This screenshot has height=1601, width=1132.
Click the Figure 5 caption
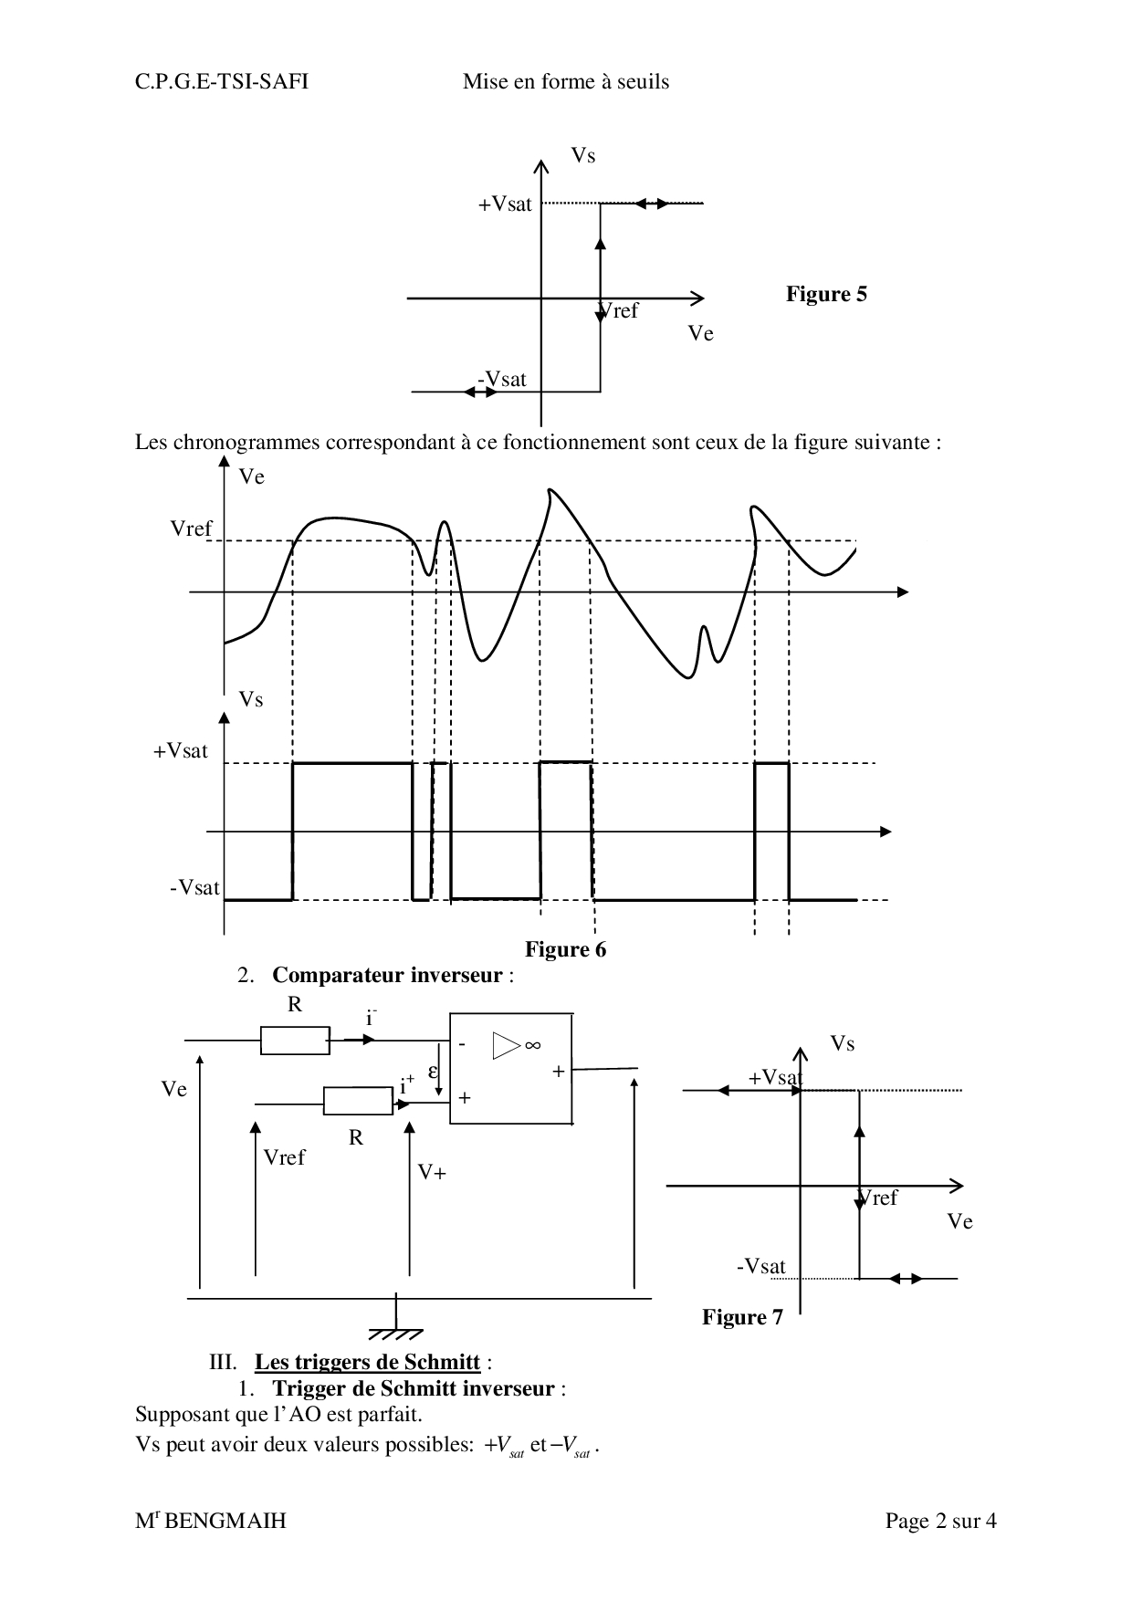click(x=826, y=294)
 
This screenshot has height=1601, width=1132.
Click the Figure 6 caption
click(x=565, y=950)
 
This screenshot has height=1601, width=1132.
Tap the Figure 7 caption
click(x=742, y=1317)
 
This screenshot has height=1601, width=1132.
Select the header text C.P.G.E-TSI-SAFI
click(x=222, y=82)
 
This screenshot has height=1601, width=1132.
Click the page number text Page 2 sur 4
click(x=940, y=1521)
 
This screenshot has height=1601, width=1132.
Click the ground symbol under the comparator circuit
click(x=396, y=1324)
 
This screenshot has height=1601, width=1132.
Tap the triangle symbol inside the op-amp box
click(x=505, y=1045)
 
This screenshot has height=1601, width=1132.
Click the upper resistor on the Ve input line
click(x=295, y=1040)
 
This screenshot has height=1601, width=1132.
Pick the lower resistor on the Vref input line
click(x=358, y=1101)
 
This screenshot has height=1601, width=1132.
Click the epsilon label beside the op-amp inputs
click(x=433, y=1071)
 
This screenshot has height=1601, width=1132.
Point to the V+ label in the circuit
click(x=432, y=1172)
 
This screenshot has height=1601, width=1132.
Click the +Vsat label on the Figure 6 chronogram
click(x=181, y=751)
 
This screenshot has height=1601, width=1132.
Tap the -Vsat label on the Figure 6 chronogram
click(x=194, y=887)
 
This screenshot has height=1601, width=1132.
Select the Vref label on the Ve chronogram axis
click(x=191, y=528)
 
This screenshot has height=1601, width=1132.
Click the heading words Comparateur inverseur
click(x=387, y=976)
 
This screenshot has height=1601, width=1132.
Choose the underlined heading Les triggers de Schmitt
click(x=367, y=1363)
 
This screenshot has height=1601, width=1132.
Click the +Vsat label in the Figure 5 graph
click(x=505, y=204)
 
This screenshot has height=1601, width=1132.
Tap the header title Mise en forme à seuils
click(x=566, y=82)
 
